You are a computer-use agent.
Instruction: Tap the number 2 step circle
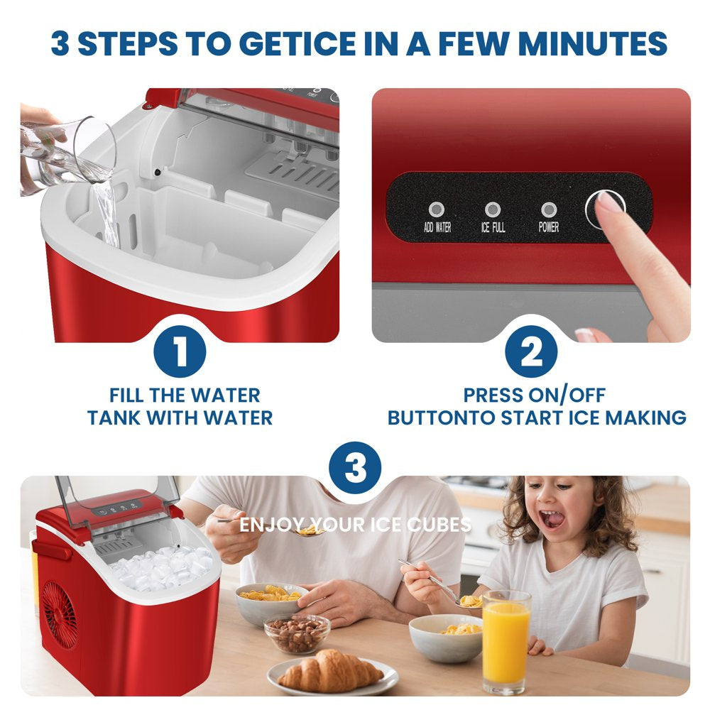(531, 351)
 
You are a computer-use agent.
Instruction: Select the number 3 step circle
(355, 468)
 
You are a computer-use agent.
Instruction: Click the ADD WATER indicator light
(436, 209)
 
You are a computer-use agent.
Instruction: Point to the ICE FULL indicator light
(493, 209)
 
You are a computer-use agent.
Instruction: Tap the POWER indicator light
(548, 209)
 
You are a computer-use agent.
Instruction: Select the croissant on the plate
(330, 671)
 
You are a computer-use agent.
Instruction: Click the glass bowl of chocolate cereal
(297, 633)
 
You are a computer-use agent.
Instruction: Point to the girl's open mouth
(552, 519)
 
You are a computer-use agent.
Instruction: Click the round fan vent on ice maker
(60, 614)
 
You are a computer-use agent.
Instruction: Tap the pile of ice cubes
(162, 568)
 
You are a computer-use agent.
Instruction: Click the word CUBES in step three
(441, 525)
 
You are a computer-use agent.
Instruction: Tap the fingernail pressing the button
(608, 202)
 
